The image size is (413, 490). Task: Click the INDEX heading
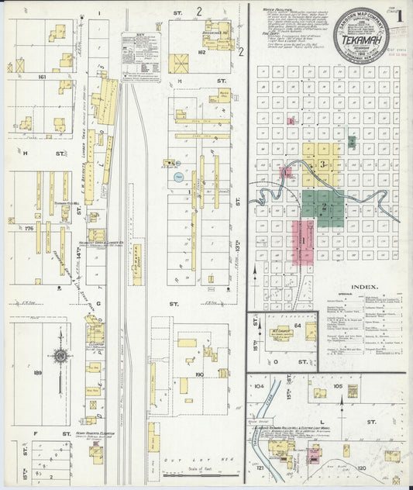click(364, 287)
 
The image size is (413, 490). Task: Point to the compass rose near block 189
click(60, 356)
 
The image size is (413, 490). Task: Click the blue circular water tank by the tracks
click(179, 177)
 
